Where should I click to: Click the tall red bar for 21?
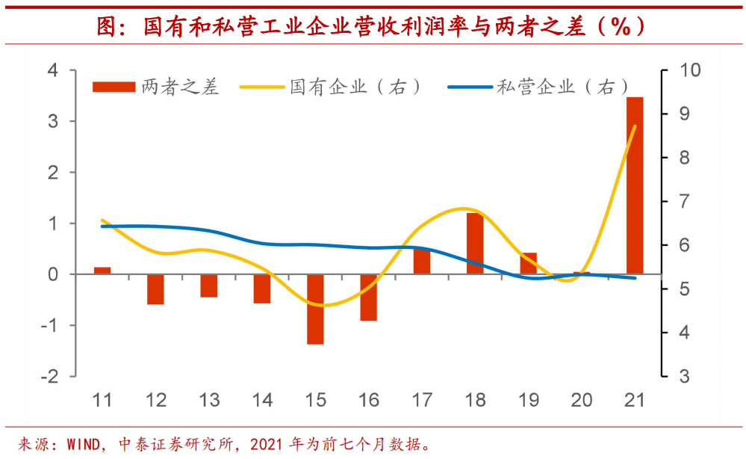[635, 185]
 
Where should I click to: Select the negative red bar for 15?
[315, 309]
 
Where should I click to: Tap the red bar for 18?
[475, 244]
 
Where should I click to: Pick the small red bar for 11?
[102, 271]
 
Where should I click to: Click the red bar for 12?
[155, 289]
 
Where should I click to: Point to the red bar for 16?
[369, 298]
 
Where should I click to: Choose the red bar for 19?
[528, 264]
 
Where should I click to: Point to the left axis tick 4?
[52, 70]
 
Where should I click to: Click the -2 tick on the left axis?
[49, 376]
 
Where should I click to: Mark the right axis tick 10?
[688, 70]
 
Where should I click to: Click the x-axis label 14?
[262, 400]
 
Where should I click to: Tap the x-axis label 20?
[581, 400]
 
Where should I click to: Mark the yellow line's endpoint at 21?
[635, 126]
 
